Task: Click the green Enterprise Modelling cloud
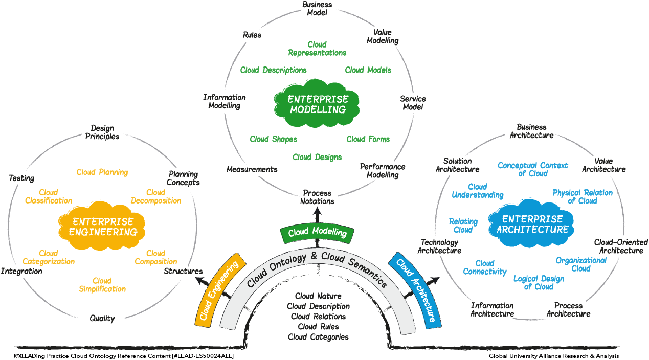(317, 104)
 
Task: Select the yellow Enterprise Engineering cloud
(102, 226)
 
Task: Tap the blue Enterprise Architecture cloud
(532, 223)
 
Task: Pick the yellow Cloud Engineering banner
(220, 290)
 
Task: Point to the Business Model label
(317, 8)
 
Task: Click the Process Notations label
(317, 197)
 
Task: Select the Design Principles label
(102, 132)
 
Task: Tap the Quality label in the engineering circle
(102, 318)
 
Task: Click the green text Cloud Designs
(317, 157)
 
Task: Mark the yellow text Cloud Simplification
(102, 285)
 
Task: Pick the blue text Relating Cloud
(463, 226)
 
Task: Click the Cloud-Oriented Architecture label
(621, 246)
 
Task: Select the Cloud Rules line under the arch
(318, 327)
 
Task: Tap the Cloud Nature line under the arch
(318, 296)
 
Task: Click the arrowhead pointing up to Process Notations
(318, 211)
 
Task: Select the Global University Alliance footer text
(554, 356)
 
